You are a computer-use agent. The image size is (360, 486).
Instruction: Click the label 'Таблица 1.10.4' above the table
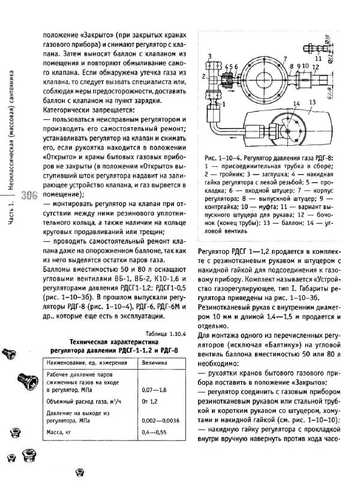[163, 334]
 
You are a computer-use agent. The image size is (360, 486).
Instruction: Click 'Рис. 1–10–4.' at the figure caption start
[223, 157]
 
